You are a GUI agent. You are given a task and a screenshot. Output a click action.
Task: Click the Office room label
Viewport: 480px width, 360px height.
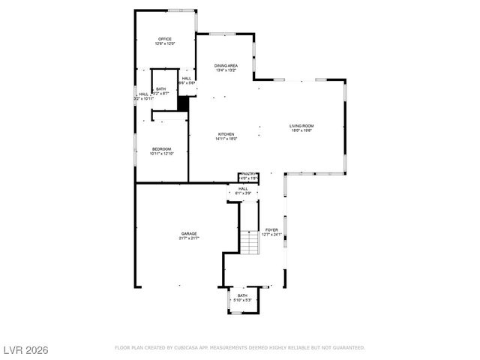(165, 39)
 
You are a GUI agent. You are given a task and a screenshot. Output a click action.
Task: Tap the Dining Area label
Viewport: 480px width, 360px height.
(226, 66)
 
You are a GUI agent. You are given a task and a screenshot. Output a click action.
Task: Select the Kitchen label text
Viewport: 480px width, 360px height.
(226, 134)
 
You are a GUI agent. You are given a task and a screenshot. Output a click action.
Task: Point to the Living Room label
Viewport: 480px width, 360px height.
(301, 126)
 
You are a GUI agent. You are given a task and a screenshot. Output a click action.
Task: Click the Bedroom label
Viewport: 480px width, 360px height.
(162, 149)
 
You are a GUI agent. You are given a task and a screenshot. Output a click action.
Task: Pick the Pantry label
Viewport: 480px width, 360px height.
(248, 174)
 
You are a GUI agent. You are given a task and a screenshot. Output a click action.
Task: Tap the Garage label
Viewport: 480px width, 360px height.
(188, 234)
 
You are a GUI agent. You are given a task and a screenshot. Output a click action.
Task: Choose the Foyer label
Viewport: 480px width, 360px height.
(271, 230)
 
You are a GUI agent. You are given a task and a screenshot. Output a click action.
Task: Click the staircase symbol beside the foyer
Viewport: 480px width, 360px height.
(249, 242)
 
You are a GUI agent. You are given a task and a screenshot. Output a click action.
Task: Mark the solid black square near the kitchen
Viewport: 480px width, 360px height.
(182, 103)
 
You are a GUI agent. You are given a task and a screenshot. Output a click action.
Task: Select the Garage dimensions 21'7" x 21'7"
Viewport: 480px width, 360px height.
(188, 238)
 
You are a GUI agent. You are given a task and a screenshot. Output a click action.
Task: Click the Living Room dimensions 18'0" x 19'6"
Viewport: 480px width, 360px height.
(301, 130)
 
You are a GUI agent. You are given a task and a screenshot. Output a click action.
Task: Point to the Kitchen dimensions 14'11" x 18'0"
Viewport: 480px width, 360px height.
(226, 139)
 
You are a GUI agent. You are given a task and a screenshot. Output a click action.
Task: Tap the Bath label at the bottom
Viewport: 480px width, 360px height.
(242, 295)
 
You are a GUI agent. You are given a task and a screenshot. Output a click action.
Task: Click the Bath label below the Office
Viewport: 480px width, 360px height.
(161, 88)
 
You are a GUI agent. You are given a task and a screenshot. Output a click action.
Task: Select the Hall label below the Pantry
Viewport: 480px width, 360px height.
(243, 189)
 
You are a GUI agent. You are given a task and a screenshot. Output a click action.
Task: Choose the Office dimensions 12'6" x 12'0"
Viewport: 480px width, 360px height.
(165, 43)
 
